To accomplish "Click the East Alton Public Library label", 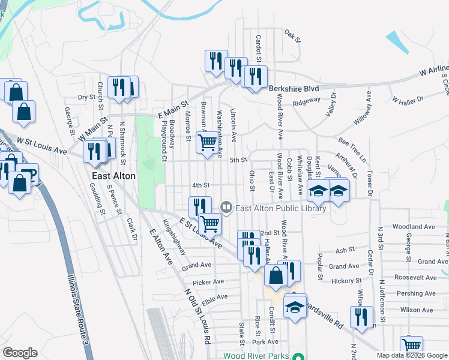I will (x=281, y=209).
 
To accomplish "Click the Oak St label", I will (x=292, y=35).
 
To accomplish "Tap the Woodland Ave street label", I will (x=414, y=227).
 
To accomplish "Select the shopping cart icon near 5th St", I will (x=207, y=143).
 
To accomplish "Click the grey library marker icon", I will (x=226, y=208).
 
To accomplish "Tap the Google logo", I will (x=19, y=353).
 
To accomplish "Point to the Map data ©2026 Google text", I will (x=412, y=355).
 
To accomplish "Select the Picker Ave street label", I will (x=208, y=281).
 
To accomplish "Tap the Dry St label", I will (x=87, y=97).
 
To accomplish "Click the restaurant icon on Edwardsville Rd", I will (x=361, y=316).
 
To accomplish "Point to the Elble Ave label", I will (x=214, y=296).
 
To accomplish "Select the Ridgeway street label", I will (x=306, y=102).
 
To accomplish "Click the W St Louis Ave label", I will (x=41, y=145).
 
